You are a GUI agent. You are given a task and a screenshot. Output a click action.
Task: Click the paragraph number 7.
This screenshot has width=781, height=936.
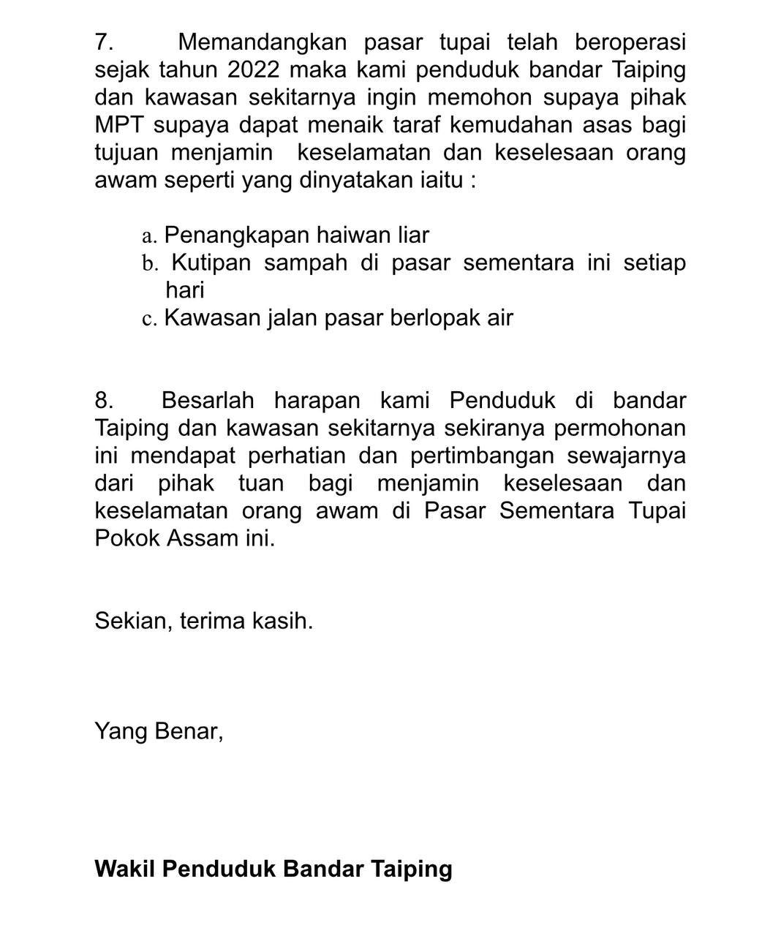pos(103,42)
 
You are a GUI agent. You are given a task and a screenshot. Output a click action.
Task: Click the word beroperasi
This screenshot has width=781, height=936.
pos(630,42)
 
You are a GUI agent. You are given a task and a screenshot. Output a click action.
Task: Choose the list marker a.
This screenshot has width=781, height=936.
pos(149,236)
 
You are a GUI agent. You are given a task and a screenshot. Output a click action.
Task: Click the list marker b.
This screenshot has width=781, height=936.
pos(150,263)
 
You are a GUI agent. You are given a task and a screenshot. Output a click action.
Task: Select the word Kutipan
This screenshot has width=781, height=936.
pos(211,263)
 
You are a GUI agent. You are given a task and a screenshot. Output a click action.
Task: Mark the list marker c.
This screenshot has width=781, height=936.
pos(149,319)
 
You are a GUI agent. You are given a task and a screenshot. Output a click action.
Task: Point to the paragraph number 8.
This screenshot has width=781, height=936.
pos(104,401)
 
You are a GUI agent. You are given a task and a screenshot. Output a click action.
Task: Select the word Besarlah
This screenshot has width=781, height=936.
pos(208,401)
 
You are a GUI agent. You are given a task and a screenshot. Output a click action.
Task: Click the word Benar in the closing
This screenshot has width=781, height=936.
pos(188,731)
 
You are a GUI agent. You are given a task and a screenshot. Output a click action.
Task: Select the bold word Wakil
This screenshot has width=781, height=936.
pos(125,869)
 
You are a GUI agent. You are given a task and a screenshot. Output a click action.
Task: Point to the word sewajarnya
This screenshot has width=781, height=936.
pos(627,456)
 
